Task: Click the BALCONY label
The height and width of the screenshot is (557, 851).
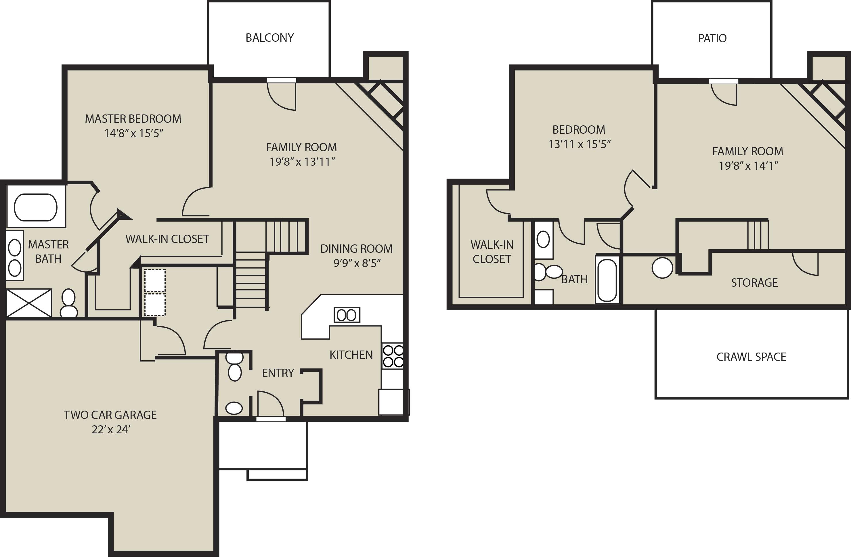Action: tap(269, 38)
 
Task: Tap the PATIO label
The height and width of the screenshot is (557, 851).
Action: tap(712, 38)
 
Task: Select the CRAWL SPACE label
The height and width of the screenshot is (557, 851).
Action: tap(751, 357)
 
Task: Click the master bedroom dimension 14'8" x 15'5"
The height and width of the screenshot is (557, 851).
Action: tap(134, 133)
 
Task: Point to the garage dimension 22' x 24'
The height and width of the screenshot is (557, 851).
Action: tap(111, 429)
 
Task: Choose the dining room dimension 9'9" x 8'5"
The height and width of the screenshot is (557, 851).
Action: tap(357, 263)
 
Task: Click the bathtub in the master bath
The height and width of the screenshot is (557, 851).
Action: tap(35, 207)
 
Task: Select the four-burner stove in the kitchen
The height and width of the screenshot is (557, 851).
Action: tap(393, 356)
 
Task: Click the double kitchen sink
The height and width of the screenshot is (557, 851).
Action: tap(347, 315)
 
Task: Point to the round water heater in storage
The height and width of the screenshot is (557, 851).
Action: tap(662, 268)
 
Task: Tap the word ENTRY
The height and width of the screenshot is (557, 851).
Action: tap(278, 373)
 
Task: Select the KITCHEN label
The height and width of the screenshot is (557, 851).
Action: tap(351, 355)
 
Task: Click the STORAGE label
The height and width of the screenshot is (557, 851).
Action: tap(754, 283)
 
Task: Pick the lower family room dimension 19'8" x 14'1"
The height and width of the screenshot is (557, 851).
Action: tap(749, 166)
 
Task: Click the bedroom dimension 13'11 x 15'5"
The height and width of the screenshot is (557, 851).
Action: tap(580, 144)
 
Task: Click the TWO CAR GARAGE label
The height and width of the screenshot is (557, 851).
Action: tap(110, 415)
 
